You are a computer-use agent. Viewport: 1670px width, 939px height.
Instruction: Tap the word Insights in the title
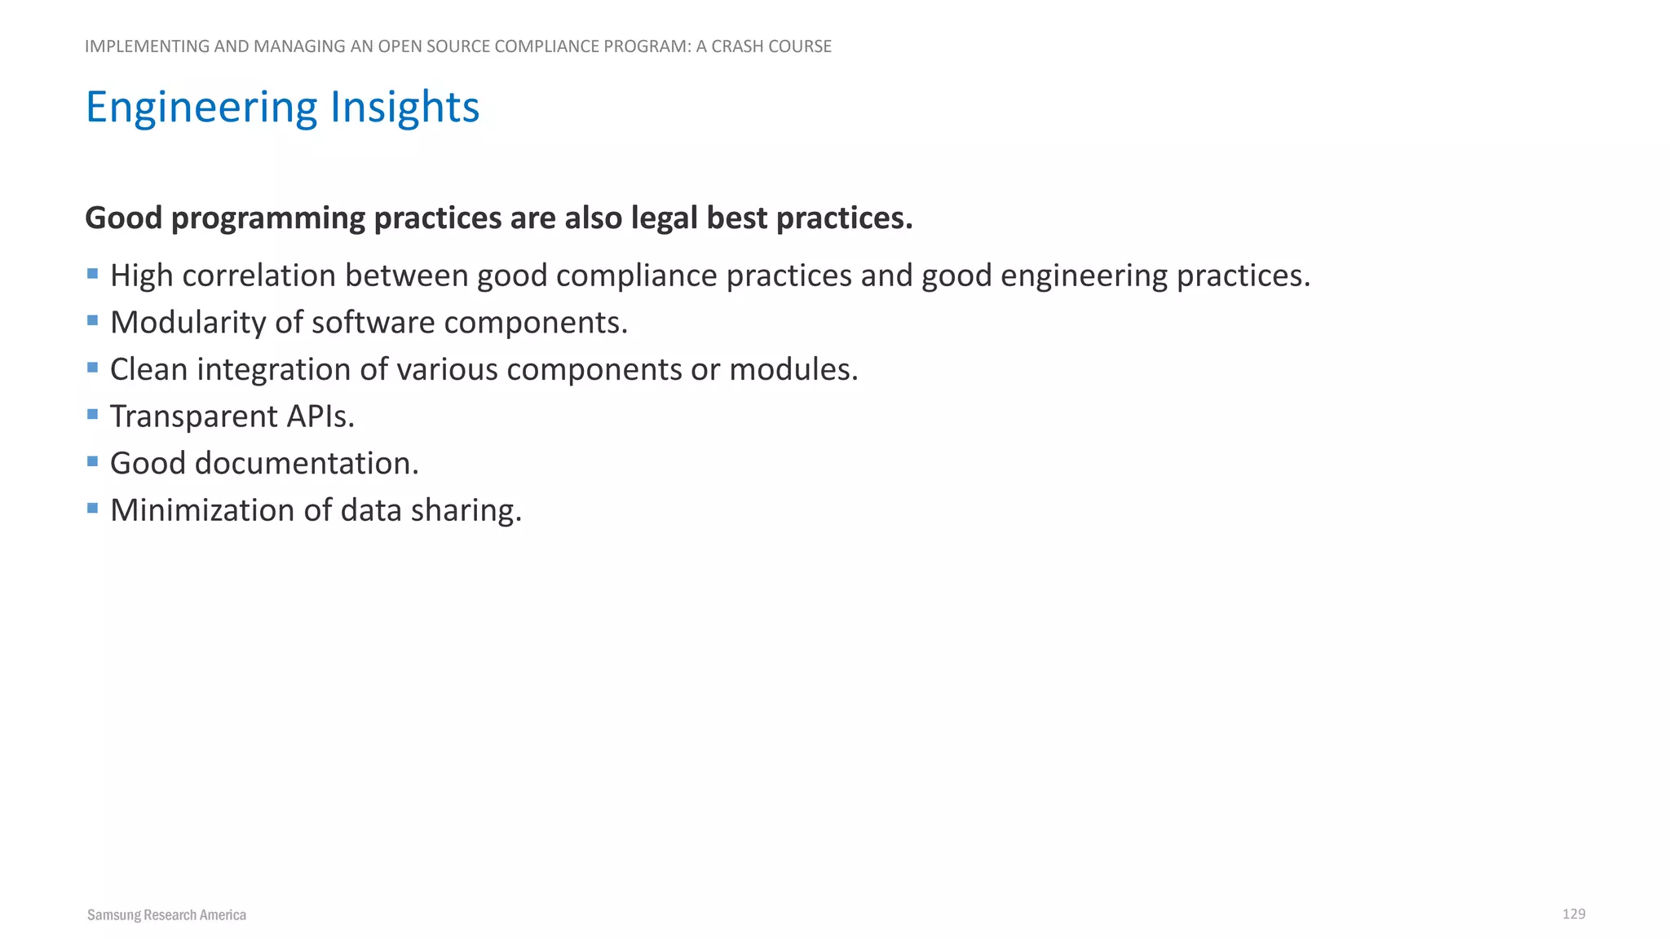(404, 108)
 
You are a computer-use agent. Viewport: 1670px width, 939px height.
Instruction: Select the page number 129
(1573, 914)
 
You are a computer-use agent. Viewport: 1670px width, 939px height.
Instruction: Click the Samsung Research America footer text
(166, 915)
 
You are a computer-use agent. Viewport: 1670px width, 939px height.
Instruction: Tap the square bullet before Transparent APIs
(93, 415)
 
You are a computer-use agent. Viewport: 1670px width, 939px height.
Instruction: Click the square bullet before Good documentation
(93, 462)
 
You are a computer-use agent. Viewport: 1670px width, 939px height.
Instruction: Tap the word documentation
(306, 463)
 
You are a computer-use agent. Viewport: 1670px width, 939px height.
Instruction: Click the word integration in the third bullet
(273, 370)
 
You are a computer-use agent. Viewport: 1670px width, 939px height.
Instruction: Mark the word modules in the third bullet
(793, 369)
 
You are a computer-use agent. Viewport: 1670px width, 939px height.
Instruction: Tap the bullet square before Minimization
(93, 509)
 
